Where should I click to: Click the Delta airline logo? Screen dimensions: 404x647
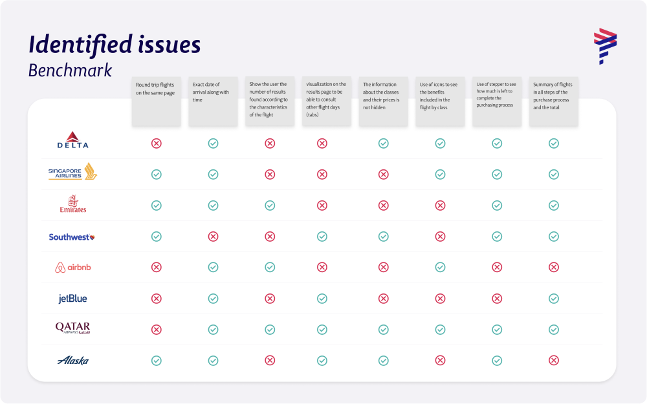click(72, 140)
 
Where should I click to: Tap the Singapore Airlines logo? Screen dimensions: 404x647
click(72, 172)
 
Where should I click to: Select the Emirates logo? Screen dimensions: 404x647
click(72, 204)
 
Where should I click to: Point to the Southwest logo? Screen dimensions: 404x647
click(72, 237)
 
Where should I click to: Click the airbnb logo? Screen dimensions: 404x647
click(73, 267)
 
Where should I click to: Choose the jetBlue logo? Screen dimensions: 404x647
click(72, 299)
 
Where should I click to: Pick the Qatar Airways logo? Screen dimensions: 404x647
click(72, 329)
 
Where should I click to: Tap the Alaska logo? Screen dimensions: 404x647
click(72, 361)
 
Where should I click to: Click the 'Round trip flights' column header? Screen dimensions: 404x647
click(156, 101)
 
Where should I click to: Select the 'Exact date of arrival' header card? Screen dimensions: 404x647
click(213, 101)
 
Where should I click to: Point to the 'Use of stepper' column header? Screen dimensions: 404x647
click(497, 101)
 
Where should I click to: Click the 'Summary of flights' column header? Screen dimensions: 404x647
click(554, 101)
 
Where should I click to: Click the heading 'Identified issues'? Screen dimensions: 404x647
click(115, 45)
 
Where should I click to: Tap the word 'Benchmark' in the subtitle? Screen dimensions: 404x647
click(70, 70)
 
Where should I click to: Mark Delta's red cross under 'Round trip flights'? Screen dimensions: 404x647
click(156, 144)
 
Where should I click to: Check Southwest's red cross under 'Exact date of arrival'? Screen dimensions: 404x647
click(213, 237)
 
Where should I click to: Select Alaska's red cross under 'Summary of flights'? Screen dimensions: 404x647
click(554, 361)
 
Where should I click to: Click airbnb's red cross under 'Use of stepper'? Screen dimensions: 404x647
click(497, 268)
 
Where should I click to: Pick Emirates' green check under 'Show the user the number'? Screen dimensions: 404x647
click(270, 206)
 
